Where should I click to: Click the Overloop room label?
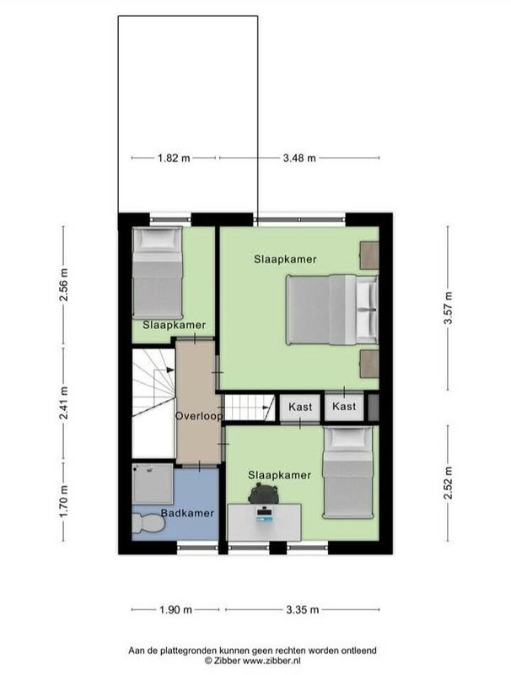(x=199, y=416)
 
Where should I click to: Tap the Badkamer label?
(x=187, y=513)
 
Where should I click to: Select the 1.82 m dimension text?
(x=174, y=158)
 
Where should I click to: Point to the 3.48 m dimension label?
(x=299, y=159)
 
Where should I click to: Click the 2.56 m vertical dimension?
(x=63, y=284)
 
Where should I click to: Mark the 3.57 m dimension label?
(x=449, y=308)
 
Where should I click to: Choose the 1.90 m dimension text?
(x=175, y=609)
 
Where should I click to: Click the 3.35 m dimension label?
(x=303, y=609)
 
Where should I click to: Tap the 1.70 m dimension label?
(x=63, y=501)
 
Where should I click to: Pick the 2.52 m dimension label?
(x=449, y=483)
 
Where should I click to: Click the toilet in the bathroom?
(x=148, y=523)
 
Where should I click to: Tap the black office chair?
(x=263, y=494)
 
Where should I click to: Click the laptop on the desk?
(x=264, y=515)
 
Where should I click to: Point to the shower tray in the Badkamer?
(x=153, y=483)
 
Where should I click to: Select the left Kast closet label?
(x=300, y=407)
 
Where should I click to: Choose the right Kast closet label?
(x=344, y=407)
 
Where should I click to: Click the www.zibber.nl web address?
(x=272, y=661)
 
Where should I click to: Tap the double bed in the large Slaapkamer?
(x=332, y=310)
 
